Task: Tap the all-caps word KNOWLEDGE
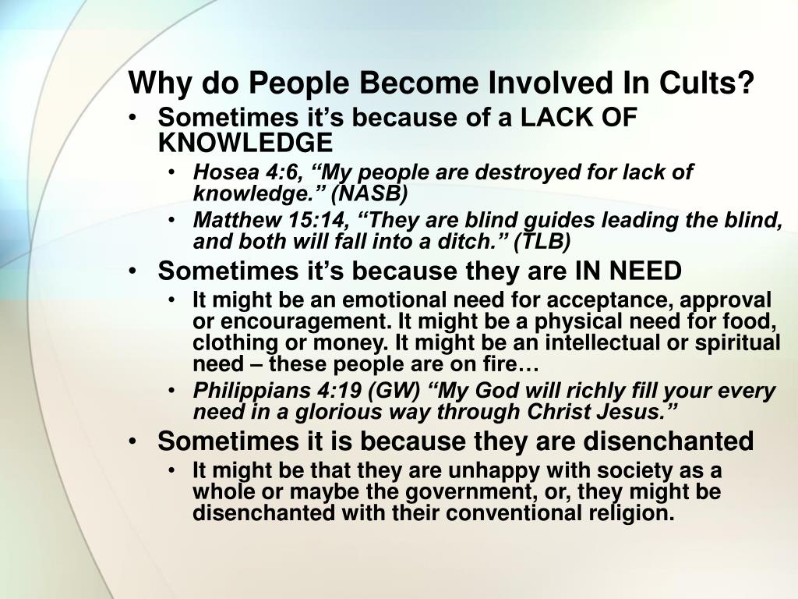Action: [245, 142]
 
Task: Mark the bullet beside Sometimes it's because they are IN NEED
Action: [136, 272]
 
